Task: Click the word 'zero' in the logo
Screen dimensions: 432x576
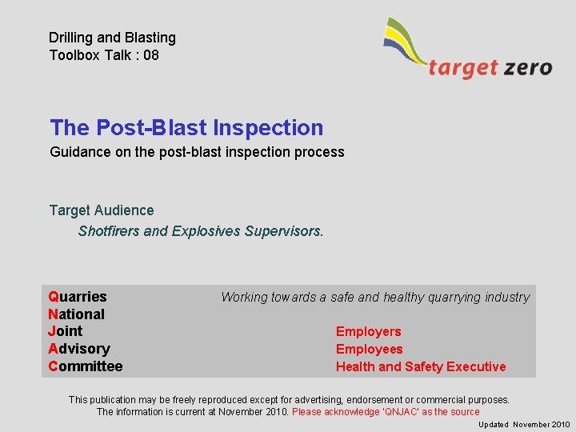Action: point(527,68)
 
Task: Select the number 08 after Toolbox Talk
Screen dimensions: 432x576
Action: point(150,55)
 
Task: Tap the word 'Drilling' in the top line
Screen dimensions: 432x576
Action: point(73,38)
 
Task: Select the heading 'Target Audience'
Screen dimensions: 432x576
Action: point(102,210)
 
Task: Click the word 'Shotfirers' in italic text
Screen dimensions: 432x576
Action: point(109,231)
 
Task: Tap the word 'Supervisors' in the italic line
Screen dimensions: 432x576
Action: point(284,231)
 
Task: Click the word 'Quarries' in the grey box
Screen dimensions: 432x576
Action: point(78,297)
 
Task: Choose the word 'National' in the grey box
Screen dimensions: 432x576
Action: point(76,314)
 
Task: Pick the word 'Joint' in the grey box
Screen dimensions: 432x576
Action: point(65,331)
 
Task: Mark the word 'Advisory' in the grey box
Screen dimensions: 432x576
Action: point(79,349)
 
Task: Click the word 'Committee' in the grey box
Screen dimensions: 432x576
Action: point(86,366)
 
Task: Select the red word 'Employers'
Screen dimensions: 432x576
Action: point(368,332)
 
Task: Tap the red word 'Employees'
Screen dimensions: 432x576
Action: point(369,350)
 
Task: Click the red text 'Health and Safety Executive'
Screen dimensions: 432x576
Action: point(421,367)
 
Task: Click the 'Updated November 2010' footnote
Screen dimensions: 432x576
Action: point(524,425)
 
